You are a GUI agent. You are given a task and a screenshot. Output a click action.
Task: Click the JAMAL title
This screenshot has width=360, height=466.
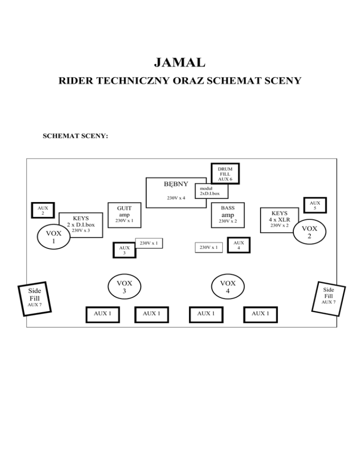(180, 62)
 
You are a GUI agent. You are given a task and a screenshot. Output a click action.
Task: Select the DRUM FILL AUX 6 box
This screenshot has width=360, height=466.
(225, 173)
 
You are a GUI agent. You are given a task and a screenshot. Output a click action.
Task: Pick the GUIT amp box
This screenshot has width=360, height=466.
(124, 214)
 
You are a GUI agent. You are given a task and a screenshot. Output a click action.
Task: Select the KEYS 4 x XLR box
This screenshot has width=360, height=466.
(279, 219)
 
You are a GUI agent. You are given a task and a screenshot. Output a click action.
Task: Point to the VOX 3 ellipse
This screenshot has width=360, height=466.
(125, 286)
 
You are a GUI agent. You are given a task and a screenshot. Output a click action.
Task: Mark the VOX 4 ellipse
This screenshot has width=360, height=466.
(227, 286)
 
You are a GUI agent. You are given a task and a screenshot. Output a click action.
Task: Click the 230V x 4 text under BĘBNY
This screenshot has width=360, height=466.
(176, 198)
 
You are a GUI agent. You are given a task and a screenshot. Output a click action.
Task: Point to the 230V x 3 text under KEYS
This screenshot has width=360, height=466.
(80, 231)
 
